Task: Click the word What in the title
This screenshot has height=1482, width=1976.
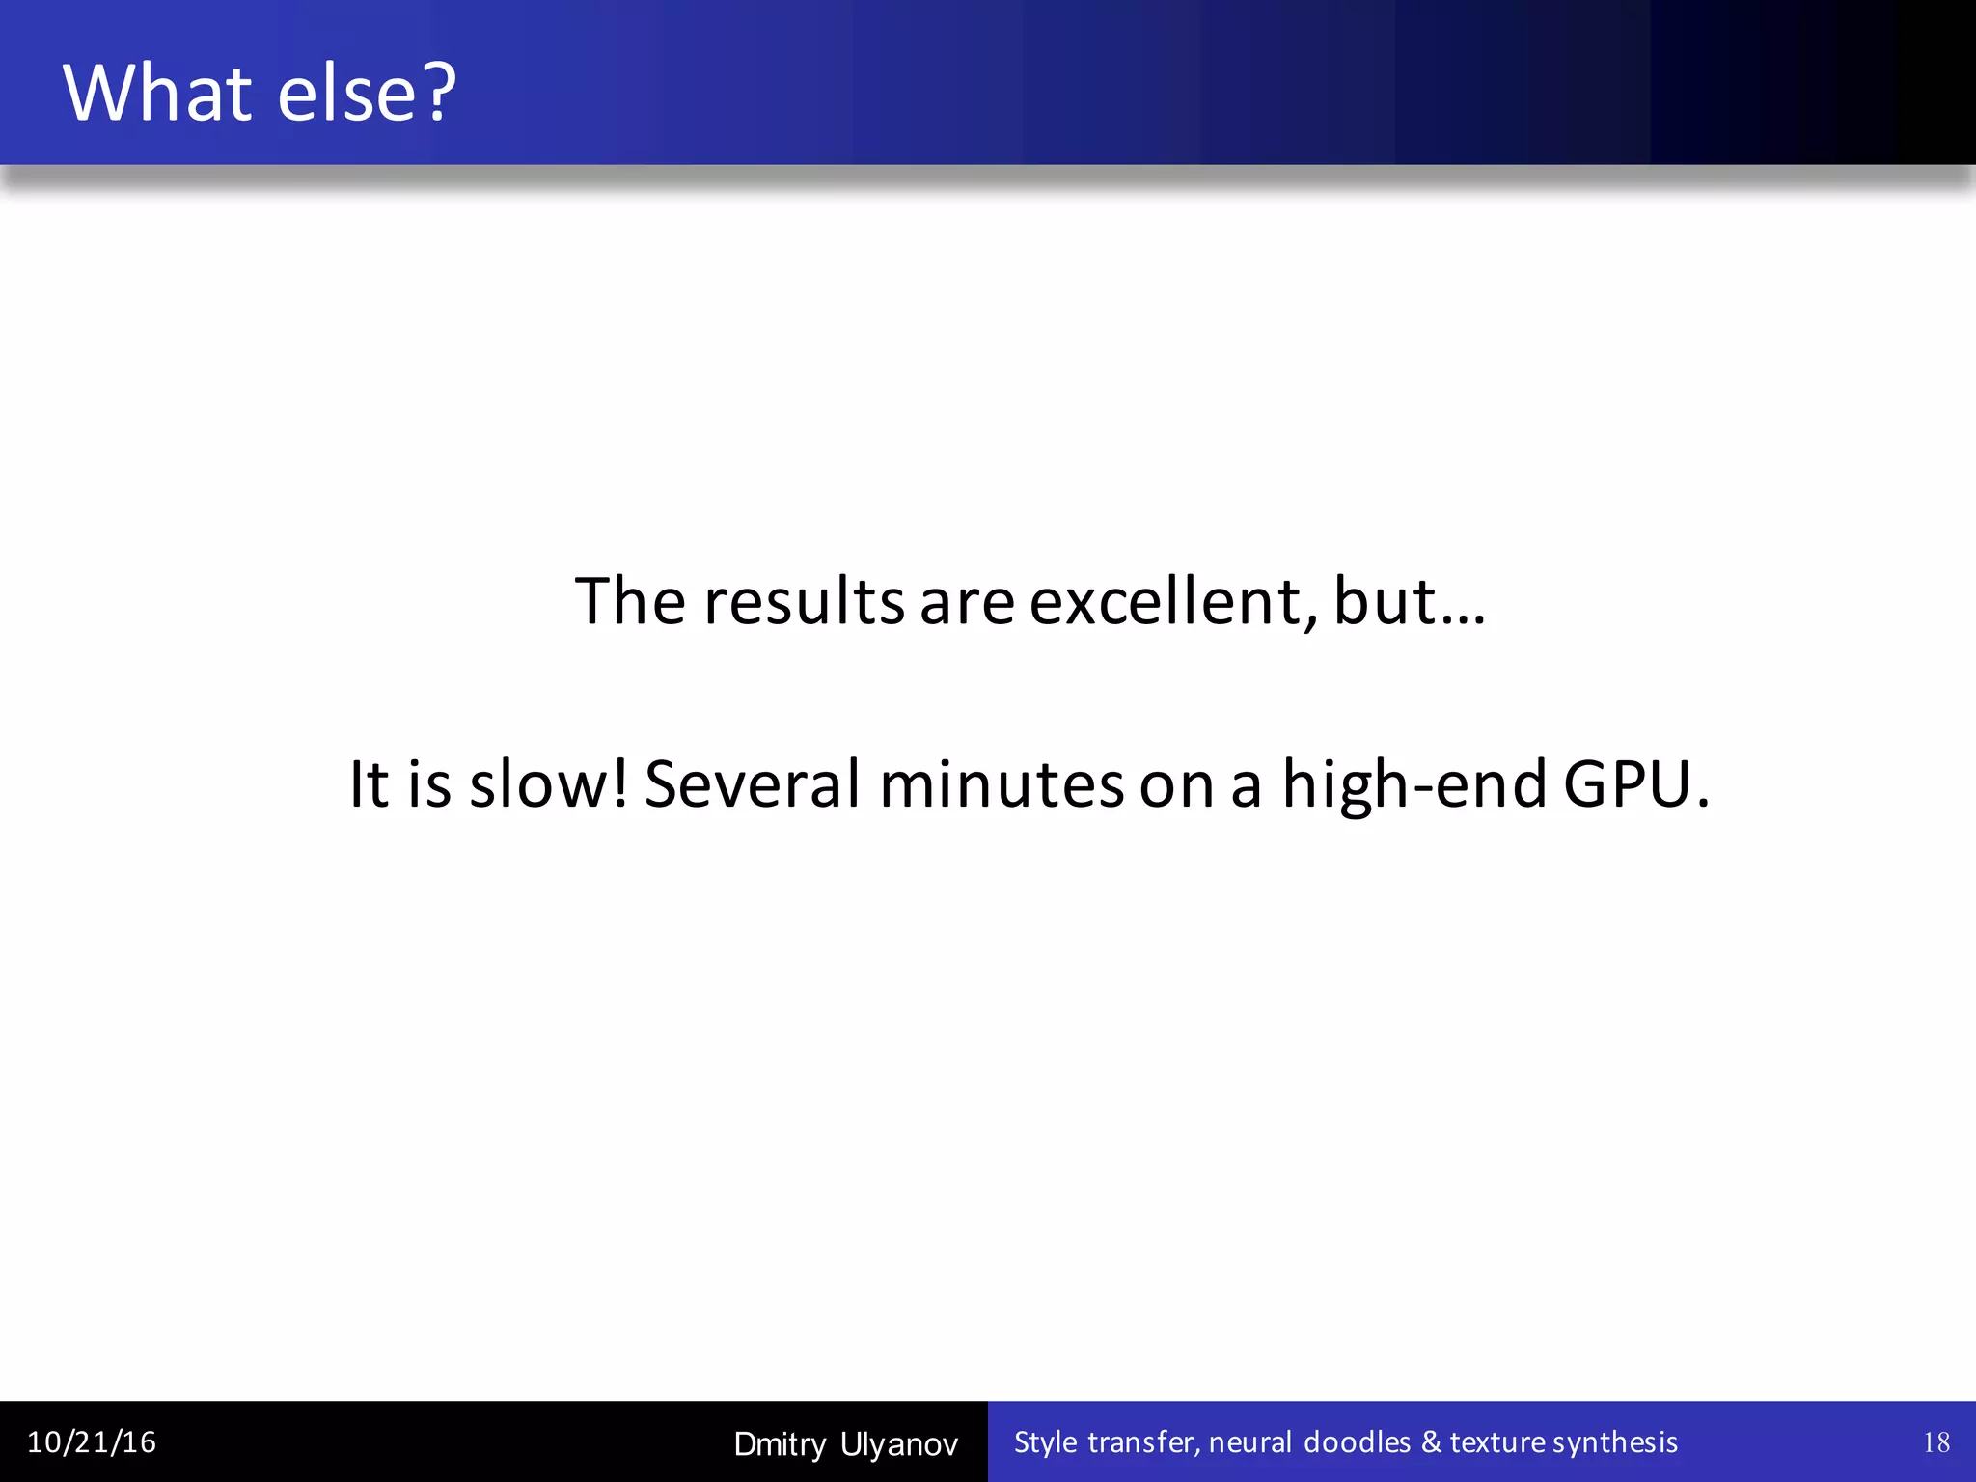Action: click(158, 93)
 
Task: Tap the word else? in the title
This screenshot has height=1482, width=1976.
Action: click(368, 93)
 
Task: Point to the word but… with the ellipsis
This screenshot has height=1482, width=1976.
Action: click(1409, 602)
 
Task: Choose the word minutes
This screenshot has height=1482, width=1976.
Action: click(1002, 783)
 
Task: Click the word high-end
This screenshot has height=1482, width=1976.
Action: click(1414, 783)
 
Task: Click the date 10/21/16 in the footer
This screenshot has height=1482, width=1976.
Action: click(92, 1442)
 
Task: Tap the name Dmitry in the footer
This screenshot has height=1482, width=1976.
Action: click(780, 1444)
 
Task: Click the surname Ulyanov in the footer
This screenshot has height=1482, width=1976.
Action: click(899, 1444)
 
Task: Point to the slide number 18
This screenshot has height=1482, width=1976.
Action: click(1935, 1442)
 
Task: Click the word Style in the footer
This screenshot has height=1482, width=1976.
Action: click(1046, 1442)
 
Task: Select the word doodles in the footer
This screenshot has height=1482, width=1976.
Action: click(1357, 1442)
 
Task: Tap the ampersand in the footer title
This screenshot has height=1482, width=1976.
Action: click(1431, 1442)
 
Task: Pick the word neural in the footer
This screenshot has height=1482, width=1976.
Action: click(1250, 1442)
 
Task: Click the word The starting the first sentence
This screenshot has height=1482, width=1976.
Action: click(630, 602)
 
